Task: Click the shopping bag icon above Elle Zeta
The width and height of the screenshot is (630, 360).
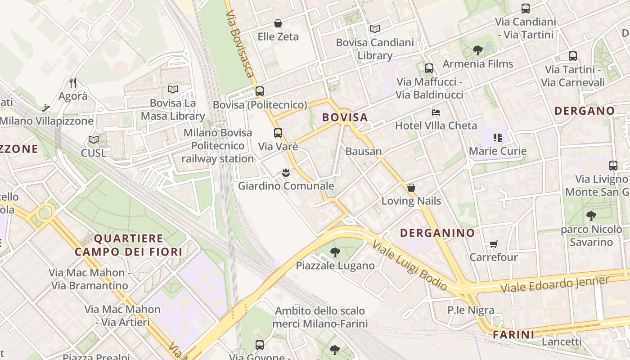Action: point(278,23)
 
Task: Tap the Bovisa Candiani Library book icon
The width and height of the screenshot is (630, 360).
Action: point(375,29)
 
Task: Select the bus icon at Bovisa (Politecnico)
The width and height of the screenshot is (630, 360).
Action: point(259,91)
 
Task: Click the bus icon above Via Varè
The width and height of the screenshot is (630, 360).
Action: point(278,133)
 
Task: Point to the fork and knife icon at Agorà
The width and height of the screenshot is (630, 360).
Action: point(73,82)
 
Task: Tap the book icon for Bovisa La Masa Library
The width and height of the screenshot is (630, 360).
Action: point(173,89)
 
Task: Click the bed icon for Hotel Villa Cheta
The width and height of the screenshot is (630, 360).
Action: point(436,112)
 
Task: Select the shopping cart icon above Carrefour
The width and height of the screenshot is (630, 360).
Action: point(494,244)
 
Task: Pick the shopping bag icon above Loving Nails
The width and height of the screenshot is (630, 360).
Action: point(411,188)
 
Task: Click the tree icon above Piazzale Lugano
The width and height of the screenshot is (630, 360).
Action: point(335,252)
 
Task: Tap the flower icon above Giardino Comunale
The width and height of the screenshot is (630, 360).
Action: point(286,172)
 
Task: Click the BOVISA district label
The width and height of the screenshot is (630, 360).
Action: point(345,118)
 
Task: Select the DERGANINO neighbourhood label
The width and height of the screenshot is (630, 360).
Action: point(437,233)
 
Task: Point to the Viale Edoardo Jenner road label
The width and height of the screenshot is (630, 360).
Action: point(555,284)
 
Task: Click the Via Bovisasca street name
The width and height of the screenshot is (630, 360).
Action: point(239,43)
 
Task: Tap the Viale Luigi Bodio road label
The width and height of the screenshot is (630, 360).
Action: point(409,265)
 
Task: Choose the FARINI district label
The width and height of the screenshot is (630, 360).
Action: point(513,335)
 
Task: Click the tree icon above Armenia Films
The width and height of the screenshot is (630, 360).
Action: point(478,50)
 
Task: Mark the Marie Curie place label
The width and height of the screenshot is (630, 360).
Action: point(498,151)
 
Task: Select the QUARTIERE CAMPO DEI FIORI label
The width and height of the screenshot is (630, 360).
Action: point(129,245)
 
